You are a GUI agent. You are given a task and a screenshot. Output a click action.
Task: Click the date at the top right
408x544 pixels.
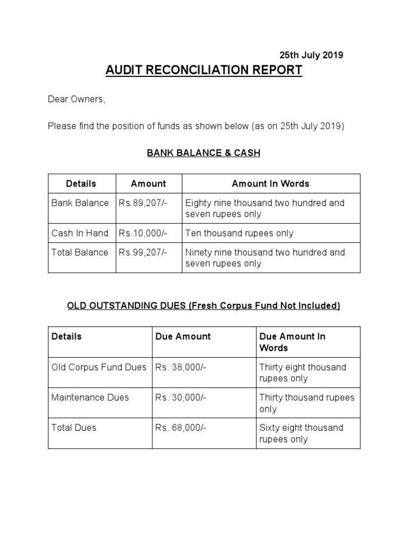[x=311, y=55]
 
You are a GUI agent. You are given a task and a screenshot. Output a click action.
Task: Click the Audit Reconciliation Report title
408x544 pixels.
[x=204, y=70]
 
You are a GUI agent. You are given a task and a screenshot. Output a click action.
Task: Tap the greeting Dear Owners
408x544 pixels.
[x=76, y=99]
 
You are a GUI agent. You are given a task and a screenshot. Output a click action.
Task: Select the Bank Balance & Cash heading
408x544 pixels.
[x=203, y=154]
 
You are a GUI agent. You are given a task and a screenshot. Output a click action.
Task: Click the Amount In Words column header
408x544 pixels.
[x=270, y=184]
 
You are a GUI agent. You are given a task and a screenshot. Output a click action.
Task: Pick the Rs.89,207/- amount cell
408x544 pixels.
[x=143, y=203]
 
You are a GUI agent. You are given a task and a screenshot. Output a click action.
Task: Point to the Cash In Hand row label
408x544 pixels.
[x=80, y=233]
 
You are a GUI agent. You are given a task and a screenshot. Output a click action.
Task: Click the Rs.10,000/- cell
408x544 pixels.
[x=143, y=233]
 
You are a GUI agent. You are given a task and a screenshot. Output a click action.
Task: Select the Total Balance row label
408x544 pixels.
[x=80, y=252]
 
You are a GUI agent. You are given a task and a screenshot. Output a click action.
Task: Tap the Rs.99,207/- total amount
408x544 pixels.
[x=143, y=252]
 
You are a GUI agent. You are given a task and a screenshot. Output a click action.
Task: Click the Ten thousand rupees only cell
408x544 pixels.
[x=239, y=233]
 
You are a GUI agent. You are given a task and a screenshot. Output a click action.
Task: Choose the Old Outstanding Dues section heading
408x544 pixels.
[x=203, y=306]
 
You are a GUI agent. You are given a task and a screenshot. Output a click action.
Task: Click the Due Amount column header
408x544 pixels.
[x=183, y=336]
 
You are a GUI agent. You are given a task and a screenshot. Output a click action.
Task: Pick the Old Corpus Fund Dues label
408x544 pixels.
[x=99, y=367]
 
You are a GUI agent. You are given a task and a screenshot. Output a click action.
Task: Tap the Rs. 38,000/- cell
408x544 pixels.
[x=181, y=367]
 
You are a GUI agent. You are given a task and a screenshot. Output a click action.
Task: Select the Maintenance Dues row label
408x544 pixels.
[x=90, y=397]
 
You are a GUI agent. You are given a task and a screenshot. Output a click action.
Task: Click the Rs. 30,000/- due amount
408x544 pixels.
[x=181, y=397]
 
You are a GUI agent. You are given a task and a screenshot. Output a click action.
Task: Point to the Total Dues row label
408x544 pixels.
[x=74, y=428]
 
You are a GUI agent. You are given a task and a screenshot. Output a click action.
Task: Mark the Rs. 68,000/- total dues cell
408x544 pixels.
[x=181, y=428]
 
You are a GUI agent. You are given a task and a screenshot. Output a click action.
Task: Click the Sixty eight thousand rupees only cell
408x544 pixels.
[x=302, y=433]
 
